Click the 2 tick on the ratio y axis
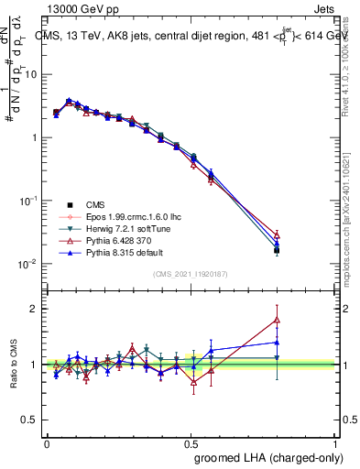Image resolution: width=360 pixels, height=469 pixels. [35, 309]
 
